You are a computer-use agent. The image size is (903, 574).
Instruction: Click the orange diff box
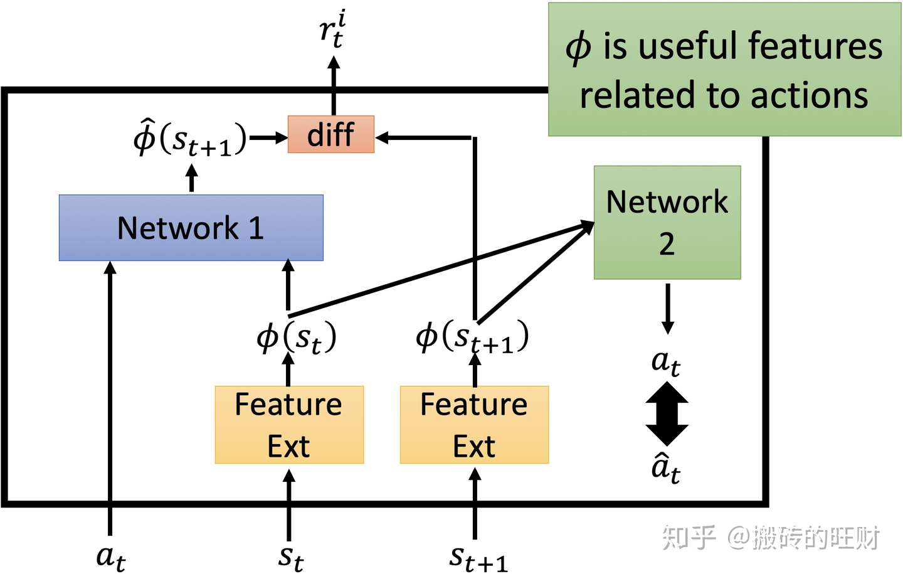pos(331,134)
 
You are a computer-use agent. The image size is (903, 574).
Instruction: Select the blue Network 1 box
pos(191,228)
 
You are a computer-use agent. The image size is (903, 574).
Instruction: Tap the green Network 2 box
pos(667,222)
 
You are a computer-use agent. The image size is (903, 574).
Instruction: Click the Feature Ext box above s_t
pos(289,425)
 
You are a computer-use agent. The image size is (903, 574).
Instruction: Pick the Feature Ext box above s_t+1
pos(475,425)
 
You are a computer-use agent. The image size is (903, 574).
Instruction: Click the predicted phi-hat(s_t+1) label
pos(190,138)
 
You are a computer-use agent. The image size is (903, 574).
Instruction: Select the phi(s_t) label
pos(296,337)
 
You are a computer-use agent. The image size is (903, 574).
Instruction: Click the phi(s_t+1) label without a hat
pos(472,337)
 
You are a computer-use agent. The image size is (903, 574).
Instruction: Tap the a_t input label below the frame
pos(111,558)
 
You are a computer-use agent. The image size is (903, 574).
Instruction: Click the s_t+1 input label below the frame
pos(478,559)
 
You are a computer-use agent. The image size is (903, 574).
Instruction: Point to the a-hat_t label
pos(666,468)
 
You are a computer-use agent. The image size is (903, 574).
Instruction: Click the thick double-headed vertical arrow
pos(667,413)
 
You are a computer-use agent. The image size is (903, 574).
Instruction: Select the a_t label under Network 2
pos(666,362)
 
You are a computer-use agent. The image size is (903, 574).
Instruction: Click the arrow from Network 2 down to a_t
pos(668,309)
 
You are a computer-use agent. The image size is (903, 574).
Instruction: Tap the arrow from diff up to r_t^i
pos(334,85)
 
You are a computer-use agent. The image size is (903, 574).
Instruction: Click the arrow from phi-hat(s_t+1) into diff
pos(268,137)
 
